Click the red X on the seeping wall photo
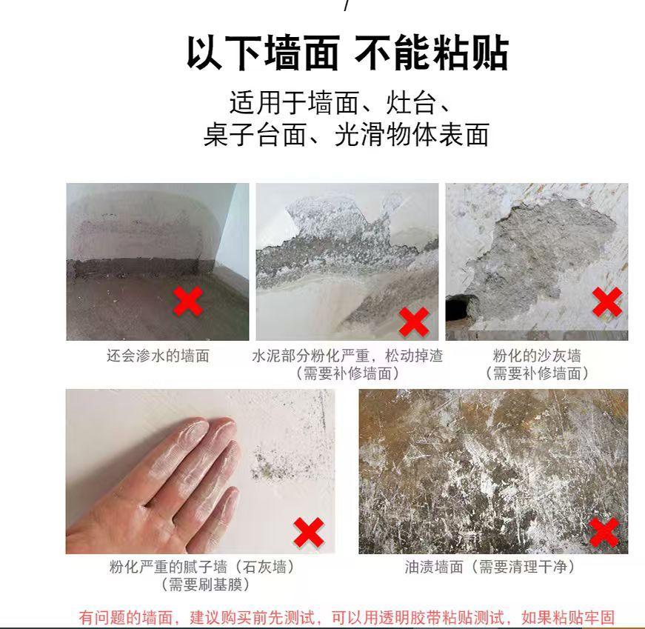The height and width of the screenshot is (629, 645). click(188, 302)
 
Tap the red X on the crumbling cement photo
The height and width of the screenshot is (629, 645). click(414, 322)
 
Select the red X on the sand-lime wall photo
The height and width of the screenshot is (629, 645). click(607, 302)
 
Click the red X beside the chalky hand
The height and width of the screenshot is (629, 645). click(309, 532)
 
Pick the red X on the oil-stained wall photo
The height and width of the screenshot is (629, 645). click(604, 532)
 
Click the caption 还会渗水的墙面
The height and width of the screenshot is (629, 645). click(158, 356)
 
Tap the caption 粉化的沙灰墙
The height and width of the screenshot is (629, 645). click(537, 356)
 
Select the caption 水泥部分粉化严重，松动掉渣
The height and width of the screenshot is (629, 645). click(347, 356)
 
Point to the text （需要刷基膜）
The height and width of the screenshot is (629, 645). click(205, 584)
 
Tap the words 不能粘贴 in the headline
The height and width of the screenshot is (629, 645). click(431, 53)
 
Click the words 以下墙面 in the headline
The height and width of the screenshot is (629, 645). click(264, 53)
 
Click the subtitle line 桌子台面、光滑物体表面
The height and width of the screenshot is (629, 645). click(347, 134)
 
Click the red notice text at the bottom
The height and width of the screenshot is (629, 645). click(347, 618)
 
